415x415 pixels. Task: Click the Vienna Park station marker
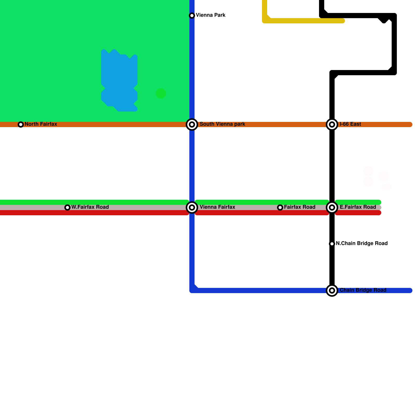pos(192,16)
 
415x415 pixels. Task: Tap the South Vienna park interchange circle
pos(192,125)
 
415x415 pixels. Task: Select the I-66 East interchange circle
pos(332,125)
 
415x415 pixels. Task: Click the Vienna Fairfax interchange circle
pos(192,208)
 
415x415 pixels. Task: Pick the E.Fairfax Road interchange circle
pos(332,208)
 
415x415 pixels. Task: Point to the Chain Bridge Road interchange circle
pos(332,290)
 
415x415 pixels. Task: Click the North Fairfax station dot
pos(21,125)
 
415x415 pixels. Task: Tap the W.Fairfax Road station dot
pos(67,208)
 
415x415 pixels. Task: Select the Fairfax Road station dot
pos(280,208)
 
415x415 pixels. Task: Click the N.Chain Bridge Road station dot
pos(332,244)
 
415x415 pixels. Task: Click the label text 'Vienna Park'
pos(210,15)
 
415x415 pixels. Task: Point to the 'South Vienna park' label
pos(222,124)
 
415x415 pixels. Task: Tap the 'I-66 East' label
pos(350,124)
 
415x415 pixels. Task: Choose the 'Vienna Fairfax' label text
pos(217,207)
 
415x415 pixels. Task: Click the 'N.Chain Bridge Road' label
pos(362,244)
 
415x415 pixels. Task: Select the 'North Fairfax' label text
pos(41,124)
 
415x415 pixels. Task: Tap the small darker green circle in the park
pos(161,93)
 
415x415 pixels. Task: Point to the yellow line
pos(303,21)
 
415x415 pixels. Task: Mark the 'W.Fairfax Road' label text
pos(90,207)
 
